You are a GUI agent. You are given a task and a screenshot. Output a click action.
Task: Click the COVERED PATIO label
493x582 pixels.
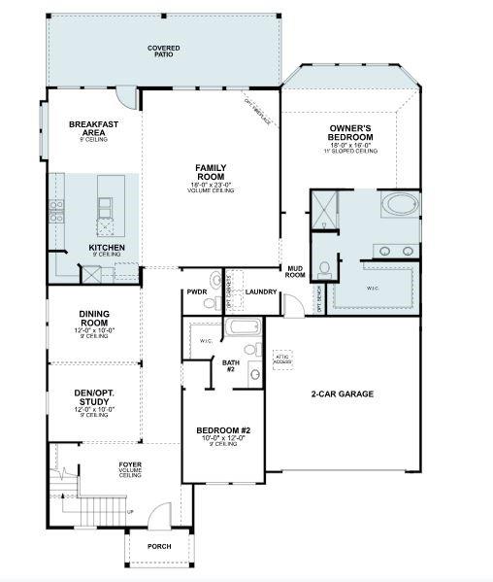pyautogui.click(x=163, y=51)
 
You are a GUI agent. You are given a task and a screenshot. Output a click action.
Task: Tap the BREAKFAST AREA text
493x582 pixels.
pyautogui.click(x=93, y=128)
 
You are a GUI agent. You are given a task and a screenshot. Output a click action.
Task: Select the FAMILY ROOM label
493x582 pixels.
pyautogui.click(x=211, y=171)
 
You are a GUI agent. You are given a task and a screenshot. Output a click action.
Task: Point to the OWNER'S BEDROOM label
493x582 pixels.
pyautogui.click(x=352, y=133)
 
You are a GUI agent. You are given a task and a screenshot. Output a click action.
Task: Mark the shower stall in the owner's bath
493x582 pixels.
pyautogui.click(x=324, y=209)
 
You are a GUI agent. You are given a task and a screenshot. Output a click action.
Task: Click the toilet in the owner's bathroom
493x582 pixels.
pyautogui.click(x=327, y=265)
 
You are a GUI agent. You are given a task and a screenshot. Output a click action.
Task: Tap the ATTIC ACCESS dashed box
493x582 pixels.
pyautogui.click(x=282, y=360)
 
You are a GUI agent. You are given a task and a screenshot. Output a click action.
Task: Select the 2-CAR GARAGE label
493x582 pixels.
pyautogui.click(x=342, y=394)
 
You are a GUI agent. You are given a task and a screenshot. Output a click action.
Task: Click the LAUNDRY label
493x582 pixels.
pyautogui.click(x=261, y=291)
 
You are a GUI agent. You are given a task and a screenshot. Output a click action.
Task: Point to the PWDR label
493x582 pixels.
pyautogui.click(x=198, y=291)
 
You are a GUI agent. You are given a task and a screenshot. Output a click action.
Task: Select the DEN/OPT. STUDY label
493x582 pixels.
pyautogui.click(x=96, y=396)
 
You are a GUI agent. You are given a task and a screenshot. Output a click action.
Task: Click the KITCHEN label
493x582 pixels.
pyautogui.click(x=107, y=248)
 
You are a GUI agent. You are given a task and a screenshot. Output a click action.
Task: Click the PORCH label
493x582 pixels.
pyautogui.click(x=159, y=546)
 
